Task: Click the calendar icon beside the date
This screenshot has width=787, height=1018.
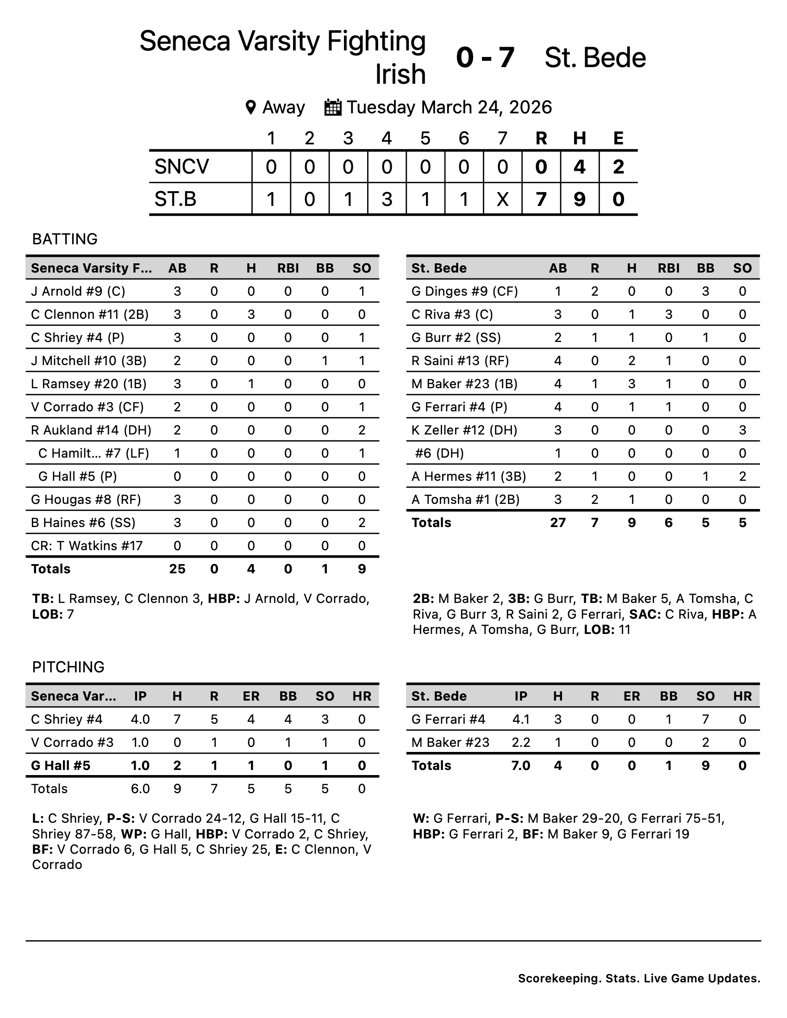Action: [333, 107]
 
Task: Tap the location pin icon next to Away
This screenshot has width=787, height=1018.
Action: [250, 107]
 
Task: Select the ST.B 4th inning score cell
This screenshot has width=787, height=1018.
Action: [387, 199]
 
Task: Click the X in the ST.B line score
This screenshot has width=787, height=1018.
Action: [502, 199]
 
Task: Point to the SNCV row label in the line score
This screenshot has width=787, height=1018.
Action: [182, 167]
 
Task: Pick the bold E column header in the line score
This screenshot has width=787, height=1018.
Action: [618, 138]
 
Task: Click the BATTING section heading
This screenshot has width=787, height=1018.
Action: [65, 239]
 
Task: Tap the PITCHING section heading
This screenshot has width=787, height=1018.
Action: [68, 667]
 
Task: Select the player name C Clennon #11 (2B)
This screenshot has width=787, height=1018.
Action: [89, 314]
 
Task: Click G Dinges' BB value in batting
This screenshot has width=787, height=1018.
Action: [706, 292]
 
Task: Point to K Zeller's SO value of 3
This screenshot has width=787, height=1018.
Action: [742, 430]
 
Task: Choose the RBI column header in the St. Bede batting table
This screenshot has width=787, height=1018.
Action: [668, 268]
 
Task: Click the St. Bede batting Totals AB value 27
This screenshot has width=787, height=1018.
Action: [558, 522]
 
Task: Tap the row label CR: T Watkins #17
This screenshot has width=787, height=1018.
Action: [87, 546]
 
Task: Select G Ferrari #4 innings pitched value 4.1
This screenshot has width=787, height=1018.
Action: [521, 719]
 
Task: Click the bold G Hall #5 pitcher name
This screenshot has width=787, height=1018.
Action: [61, 765]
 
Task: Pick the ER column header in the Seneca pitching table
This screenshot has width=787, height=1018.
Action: [251, 696]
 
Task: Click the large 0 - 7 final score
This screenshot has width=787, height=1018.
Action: [485, 58]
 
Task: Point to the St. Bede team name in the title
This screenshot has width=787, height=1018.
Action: [595, 58]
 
